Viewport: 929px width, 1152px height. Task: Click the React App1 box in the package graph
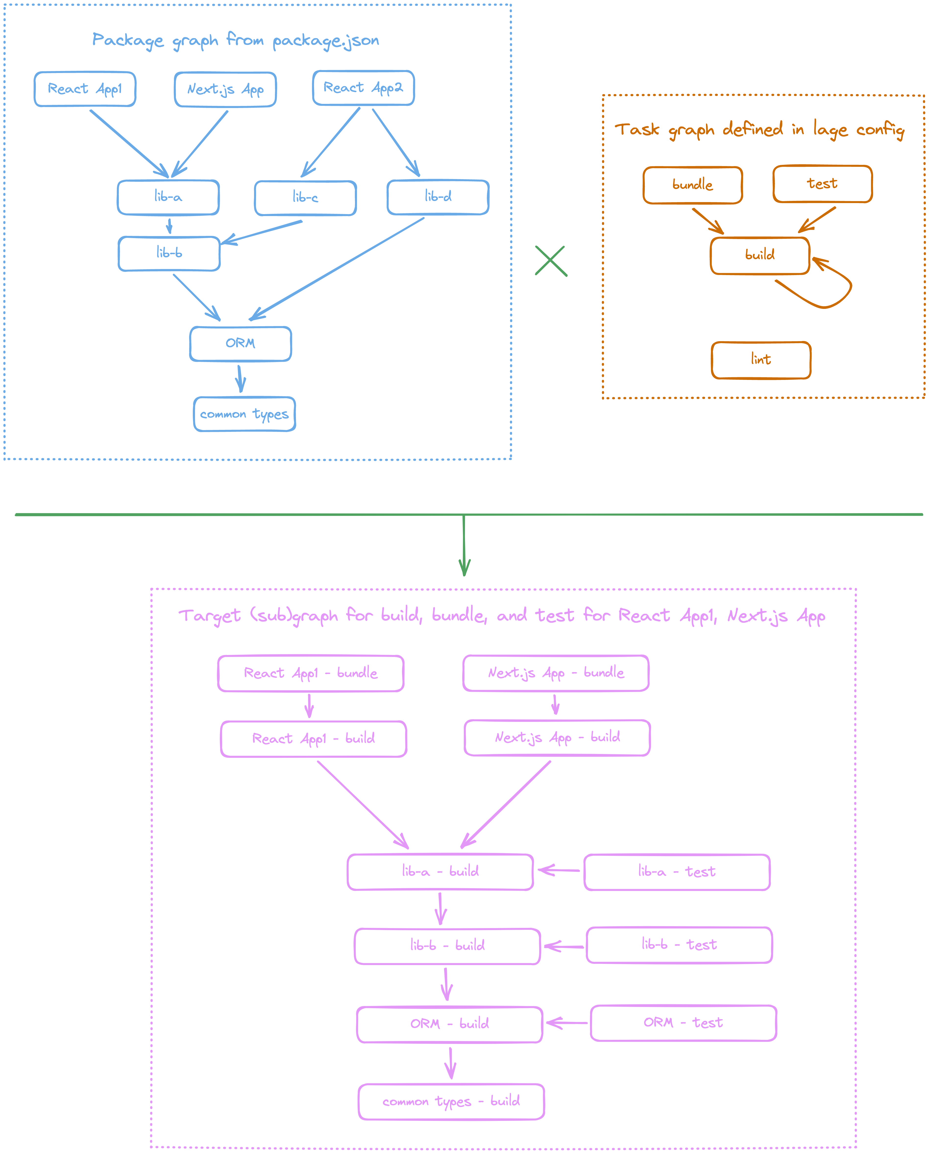[85, 89]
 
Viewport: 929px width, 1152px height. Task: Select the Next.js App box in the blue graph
[225, 89]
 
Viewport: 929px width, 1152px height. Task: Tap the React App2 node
[363, 88]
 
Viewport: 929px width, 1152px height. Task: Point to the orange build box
[760, 255]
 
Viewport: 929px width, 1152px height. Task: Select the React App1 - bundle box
[310, 673]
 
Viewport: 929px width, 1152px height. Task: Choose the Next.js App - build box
[557, 738]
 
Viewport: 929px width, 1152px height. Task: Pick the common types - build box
[451, 1102]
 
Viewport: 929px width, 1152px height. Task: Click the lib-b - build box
[447, 946]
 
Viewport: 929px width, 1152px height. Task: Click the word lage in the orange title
[830, 130]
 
